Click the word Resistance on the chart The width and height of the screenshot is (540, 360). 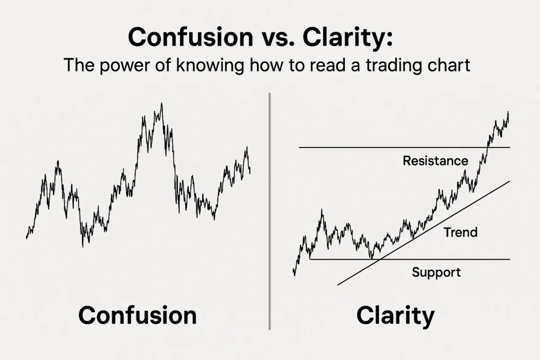(435, 161)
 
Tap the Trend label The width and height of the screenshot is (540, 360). (460, 232)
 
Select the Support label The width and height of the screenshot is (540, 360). (436, 273)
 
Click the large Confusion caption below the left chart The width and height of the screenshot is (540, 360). (137, 316)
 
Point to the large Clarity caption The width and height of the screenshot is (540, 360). (396, 316)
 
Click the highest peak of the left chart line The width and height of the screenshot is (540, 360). (161, 104)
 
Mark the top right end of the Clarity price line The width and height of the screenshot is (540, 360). (508, 112)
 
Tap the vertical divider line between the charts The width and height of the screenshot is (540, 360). (269, 211)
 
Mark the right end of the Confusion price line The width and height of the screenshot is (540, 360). (250, 173)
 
